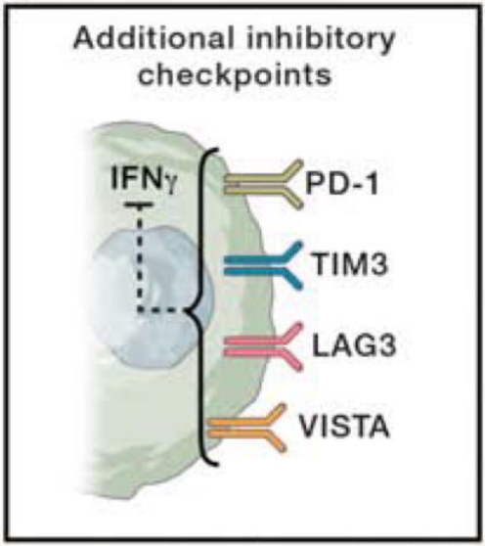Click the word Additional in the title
[x=154, y=38]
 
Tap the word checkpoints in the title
[x=235, y=75]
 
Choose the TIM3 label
[x=350, y=263]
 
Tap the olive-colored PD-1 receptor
[x=264, y=184]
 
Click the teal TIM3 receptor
[x=263, y=265]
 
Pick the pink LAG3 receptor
[x=263, y=345]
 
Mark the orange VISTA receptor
[x=247, y=428]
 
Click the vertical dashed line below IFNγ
[x=139, y=259]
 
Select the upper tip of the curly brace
[x=218, y=150]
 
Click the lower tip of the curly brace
[x=218, y=464]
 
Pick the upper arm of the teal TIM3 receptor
[x=289, y=251]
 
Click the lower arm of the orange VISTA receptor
[x=275, y=441]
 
